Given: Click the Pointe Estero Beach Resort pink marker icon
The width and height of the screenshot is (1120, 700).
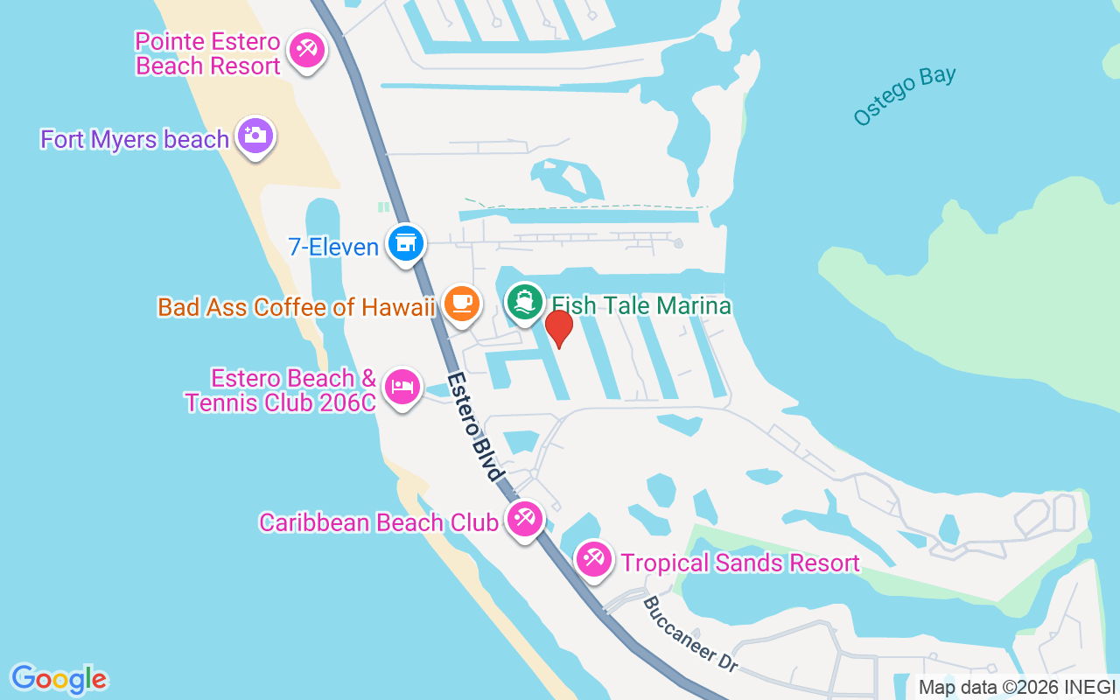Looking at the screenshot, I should (306, 49).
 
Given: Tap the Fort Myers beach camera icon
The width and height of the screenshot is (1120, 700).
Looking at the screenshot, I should (255, 136).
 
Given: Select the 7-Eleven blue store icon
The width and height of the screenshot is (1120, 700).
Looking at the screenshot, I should (405, 243).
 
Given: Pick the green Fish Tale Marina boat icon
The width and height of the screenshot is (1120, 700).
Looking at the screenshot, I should (524, 302).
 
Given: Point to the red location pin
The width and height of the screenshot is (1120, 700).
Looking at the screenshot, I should (558, 328).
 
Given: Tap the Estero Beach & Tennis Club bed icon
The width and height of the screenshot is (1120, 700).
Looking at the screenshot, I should (402, 386).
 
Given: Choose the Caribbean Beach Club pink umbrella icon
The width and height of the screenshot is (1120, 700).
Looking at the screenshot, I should (524, 518).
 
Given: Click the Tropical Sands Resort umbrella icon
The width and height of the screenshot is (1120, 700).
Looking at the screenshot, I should (594, 558).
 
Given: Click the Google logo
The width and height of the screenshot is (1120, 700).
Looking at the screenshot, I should (59, 679).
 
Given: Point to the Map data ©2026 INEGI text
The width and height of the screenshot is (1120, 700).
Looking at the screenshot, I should (1017, 687).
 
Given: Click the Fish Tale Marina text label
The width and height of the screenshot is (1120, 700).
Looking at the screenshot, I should (640, 305).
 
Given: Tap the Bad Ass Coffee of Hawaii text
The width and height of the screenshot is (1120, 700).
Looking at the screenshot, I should (296, 307).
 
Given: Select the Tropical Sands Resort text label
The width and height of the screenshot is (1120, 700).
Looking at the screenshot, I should (740, 563).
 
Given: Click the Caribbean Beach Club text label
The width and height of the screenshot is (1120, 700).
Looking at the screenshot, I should (378, 522).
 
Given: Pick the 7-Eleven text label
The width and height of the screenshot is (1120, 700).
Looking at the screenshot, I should (333, 247).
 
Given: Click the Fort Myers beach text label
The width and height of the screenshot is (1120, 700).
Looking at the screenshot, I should (135, 139).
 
